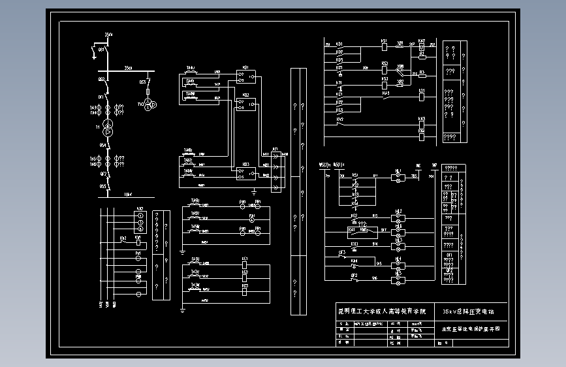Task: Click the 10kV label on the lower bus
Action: (x=128, y=194)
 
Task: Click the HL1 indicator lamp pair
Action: (x=399, y=178)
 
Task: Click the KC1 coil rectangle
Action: (x=245, y=266)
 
